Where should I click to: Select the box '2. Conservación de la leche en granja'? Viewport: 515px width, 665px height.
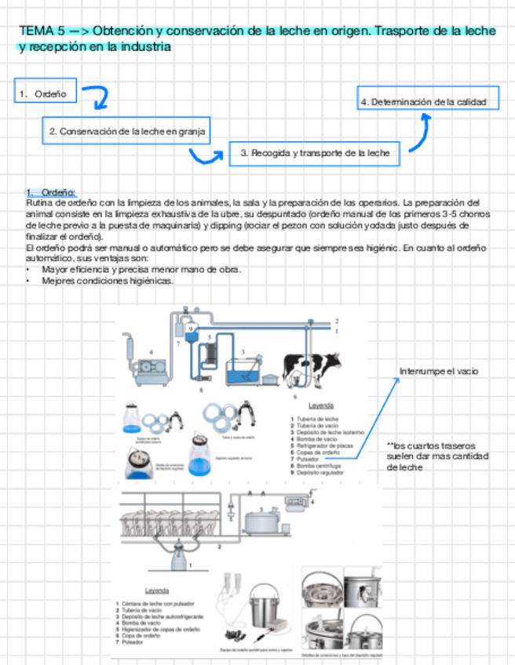pos(126,132)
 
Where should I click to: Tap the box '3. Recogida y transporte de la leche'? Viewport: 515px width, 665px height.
pos(314,154)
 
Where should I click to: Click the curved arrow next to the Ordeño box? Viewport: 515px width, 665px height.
pos(97,99)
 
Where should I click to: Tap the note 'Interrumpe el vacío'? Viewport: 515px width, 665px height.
pos(438,371)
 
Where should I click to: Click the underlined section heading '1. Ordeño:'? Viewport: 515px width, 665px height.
pos(50,192)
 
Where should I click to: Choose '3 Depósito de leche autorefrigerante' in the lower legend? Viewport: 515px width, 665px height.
pos(163,617)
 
